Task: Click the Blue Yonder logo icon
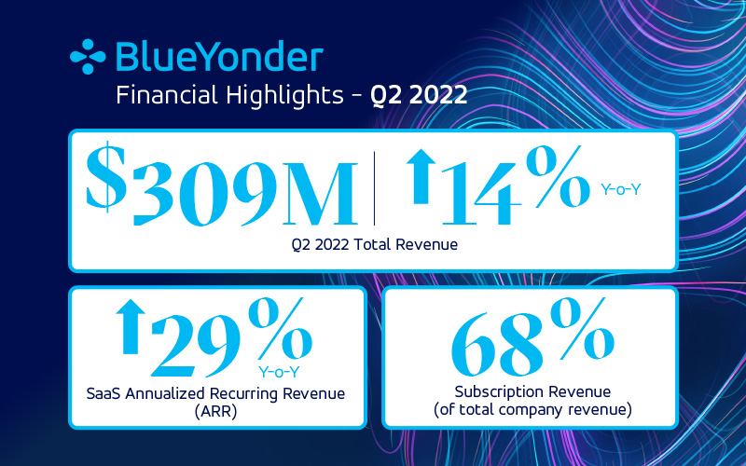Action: click(88, 57)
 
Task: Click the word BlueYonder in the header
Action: click(219, 57)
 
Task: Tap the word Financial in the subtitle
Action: click(168, 95)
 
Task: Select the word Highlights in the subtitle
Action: click(284, 96)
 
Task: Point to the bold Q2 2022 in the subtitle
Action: click(419, 95)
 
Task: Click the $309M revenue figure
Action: click(222, 185)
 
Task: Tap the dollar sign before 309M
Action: click(106, 177)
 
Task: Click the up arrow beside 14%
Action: click(421, 176)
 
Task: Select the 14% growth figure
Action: click(517, 185)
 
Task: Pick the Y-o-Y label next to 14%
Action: click(621, 190)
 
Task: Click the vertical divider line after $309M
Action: click(375, 188)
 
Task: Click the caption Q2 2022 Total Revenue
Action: click(375, 244)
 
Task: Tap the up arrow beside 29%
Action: click(131, 327)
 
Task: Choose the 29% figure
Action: click(231, 336)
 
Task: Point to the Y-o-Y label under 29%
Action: click(279, 372)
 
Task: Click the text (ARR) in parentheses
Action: click(216, 411)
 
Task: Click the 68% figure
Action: click(532, 336)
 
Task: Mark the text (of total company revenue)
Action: click(532, 409)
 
